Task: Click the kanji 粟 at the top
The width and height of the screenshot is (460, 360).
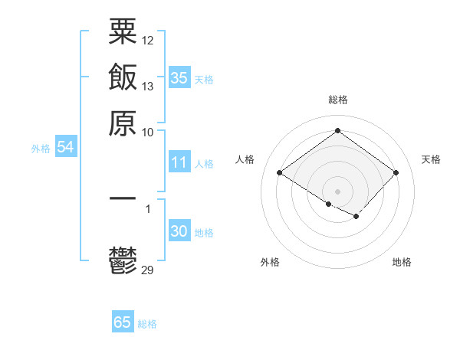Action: pyautogui.click(x=123, y=31)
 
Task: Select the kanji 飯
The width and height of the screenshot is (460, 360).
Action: pyautogui.click(x=123, y=78)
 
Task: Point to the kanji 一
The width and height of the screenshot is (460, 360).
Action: pyautogui.click(x=123, y=198)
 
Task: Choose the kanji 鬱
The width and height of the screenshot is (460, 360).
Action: pyautogui.click(x=123, y=260)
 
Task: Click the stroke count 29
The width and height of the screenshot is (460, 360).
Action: pyautogui.click(x=148, y=269)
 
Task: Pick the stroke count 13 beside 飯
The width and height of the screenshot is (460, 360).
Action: pyautogui.click(x=148, y=86)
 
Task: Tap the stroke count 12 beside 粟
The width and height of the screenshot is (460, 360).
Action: pyautogui.click(x=148, y=40)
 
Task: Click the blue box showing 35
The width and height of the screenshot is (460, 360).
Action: pyautogui.click(x=179, y=77)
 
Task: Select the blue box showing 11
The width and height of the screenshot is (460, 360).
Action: pyautogui.click(x=179, y=162)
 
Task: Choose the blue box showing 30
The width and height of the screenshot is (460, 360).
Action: pyautogui.click(x=179, y=231)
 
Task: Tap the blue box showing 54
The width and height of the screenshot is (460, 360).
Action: pyautogui.click(x=65, y=147)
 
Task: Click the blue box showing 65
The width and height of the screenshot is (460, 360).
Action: pyautogui.click(x=123, y=322)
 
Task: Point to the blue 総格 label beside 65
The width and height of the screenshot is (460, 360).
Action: pyautogui.click(x=147, y=324)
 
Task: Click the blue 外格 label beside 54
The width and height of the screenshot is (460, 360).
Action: pyautogui.click(x=41, y=149)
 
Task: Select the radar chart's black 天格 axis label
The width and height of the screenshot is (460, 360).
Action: pyautogui.click(x=431, y=159)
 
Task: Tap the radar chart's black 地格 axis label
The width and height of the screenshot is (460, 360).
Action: pyautogui.click(x=402, y=262)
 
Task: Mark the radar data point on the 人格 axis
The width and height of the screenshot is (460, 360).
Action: pyautogui.click(x=280, y=173)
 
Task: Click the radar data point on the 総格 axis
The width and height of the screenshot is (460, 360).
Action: pyautogui.click(x=337, y=131)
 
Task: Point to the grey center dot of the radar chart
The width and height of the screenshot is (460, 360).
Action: pyautogui.click(x=337, y=191)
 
